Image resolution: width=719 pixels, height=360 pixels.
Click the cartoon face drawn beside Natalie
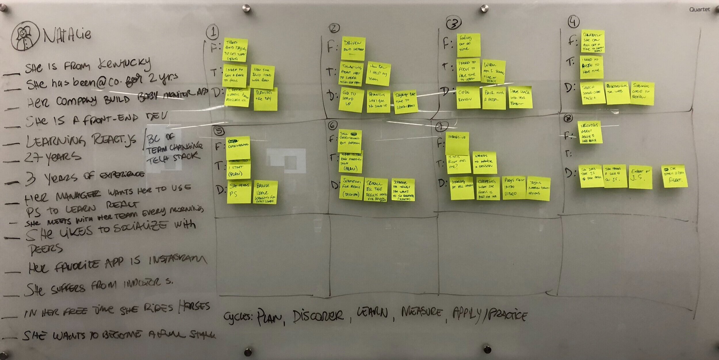click(25, 36)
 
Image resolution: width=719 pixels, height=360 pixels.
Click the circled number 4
click(573, 22)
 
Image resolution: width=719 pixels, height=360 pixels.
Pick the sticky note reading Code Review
click(468, 97)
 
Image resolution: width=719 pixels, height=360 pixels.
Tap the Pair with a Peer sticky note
click(494, 97)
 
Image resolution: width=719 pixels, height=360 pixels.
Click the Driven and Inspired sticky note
click(353, 48)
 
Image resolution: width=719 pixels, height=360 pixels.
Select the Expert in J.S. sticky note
click(640, 177)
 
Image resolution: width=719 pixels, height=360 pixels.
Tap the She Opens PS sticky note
click(239, 191)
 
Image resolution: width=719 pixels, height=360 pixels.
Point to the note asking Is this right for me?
click(459, 164)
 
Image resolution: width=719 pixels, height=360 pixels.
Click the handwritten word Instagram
click(178, 260)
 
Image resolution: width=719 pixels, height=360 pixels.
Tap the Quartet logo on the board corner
click(699, 9)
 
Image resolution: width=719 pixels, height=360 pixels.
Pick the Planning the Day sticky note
click(265, 99)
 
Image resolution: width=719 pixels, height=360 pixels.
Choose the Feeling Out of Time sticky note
click(469, 45)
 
